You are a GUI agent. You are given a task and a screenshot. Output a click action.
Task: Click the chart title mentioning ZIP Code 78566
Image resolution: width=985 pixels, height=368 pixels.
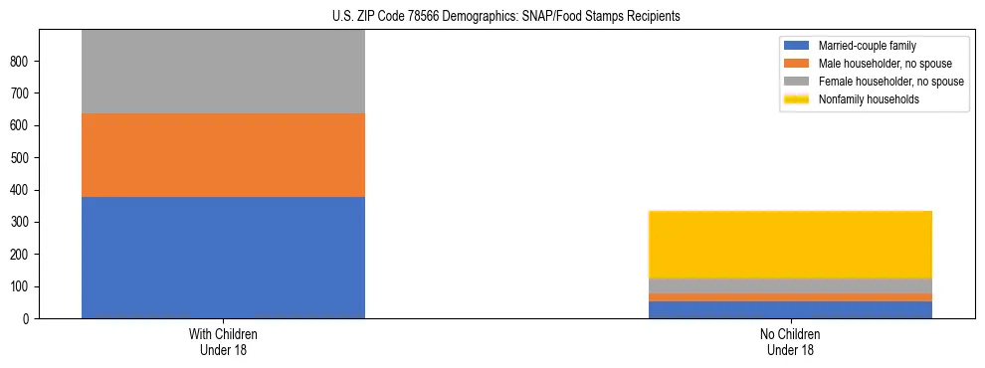[506, 17]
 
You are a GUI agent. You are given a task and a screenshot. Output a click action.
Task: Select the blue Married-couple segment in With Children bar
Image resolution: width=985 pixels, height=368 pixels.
[223, 258]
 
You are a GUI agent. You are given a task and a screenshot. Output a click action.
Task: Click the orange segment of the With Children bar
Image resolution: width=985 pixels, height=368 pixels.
[223, 155]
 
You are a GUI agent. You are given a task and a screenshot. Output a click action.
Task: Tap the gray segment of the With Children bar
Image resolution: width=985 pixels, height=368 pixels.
[223, 72]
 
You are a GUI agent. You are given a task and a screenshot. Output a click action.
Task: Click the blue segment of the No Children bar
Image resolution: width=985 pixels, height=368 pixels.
[790, 309]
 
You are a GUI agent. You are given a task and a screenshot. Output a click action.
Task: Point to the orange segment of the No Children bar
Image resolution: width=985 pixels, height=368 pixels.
[790, 296]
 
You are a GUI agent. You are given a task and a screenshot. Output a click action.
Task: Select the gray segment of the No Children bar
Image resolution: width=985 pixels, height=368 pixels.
[790, 285]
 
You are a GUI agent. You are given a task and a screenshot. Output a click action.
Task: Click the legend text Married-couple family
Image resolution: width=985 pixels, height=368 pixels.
[867, 46]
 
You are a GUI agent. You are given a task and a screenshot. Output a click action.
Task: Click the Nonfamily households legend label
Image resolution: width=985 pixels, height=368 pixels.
[869, 99]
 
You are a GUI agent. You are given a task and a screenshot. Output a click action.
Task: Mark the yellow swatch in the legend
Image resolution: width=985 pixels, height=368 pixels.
[797, 99]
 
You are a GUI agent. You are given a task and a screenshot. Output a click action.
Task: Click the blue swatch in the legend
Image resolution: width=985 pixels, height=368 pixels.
[797, 46]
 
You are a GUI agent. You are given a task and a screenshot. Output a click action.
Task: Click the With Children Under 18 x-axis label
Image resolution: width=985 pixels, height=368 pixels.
[223, 342]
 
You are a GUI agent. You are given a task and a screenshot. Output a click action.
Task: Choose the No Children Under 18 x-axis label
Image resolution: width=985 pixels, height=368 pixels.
[790, 342]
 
